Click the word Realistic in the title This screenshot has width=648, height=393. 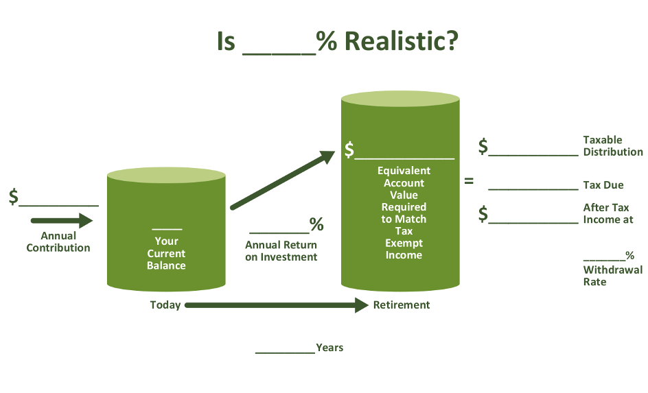(x=402, y=41)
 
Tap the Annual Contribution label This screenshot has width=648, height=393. (x=58, y=242)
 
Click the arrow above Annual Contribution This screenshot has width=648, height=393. (x=62, y=220)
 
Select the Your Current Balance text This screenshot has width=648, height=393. (x=166, y=253)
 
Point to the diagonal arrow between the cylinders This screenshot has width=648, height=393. (x=283, y=180)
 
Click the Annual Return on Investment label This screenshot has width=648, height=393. (x=281, y=251)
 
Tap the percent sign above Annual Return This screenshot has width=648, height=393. (x=316, y=224)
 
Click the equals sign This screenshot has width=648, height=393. (x=469, y=181)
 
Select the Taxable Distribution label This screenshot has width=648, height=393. (x=613, y=145)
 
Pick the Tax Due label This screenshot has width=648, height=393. (x=603, y=185)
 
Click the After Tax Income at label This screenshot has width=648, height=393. (x=608, y=213)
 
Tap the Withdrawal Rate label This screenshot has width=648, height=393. (x=613, y=276)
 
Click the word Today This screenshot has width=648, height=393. (x=165, y=305)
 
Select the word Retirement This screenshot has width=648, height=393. (x=402, y=305)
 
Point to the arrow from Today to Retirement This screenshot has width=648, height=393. (x=277, y=305)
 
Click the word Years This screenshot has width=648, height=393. (x=329, y=348)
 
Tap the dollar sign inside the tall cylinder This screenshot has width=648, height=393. (x=349, y=150)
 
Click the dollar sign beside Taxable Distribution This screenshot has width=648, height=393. (x=483, y=147)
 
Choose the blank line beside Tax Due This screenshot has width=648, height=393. (x=533, y=189)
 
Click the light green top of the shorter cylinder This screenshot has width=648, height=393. (x=166, y=175)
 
